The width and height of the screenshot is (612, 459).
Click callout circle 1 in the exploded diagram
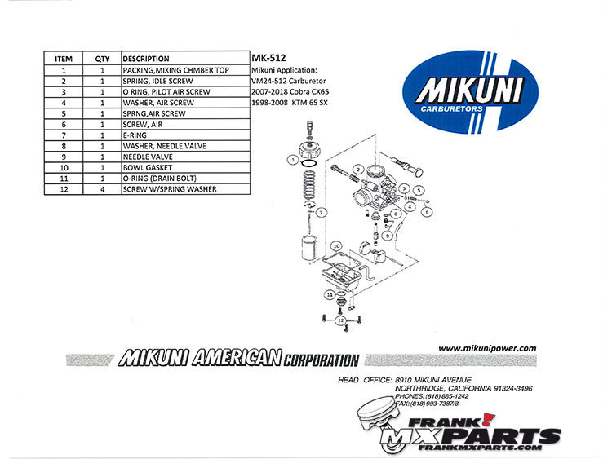[293, 160]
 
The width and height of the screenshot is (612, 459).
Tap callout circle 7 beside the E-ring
[322, 213]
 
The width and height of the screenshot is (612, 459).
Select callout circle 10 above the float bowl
[336, 246]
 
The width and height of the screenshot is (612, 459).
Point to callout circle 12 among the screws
[341, 320]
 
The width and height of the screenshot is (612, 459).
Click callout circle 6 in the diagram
[427, 212]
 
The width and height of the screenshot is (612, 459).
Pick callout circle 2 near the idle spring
[357, 170]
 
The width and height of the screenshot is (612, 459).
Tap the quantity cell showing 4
[102, 189]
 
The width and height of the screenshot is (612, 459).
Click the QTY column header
[102, 59]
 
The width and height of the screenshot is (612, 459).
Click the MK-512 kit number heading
[268, 58]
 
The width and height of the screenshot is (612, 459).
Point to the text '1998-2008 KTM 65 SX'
[290, 103]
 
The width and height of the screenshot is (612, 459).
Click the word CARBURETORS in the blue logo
[451, 108]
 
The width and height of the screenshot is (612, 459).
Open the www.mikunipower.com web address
[487, 349]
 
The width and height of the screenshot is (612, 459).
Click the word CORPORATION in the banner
[322, 360]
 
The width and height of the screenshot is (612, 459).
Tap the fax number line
[427, 404]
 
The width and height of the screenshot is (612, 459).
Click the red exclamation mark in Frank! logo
[487, 419]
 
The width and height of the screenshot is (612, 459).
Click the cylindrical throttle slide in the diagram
[309, 248]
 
